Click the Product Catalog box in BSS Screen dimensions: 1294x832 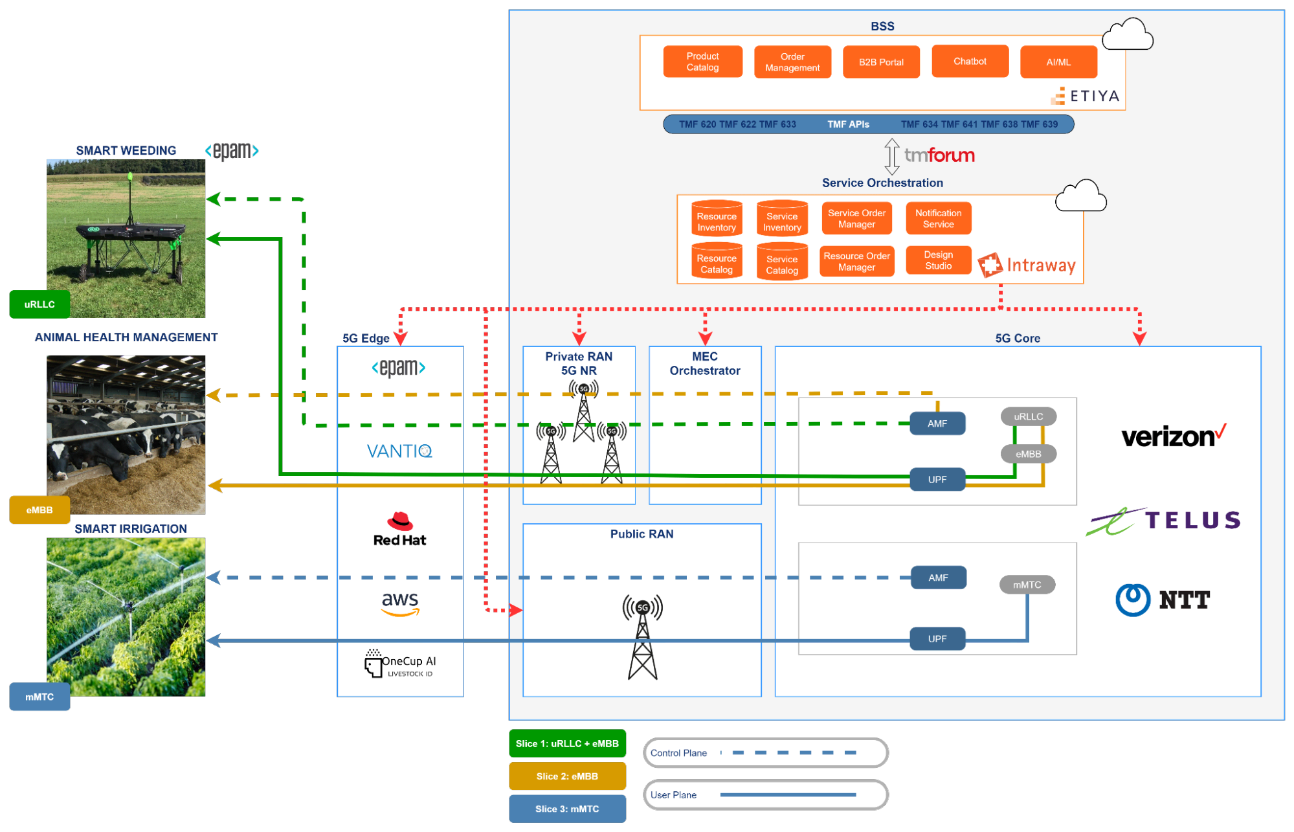(702, 62)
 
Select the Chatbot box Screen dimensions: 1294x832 (970, 62)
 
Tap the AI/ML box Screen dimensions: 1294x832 (1058, 62)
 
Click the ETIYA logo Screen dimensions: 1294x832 (1085, 96)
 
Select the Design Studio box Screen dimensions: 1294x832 (938, 260)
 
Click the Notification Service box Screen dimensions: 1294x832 (938, 219)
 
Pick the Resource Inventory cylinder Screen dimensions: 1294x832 (717, 219)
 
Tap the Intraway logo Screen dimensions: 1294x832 (1027, 265)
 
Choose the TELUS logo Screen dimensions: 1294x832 (1163, 521)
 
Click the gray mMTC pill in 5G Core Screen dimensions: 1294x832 (1027, 585)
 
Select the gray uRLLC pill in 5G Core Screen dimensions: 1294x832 (1028, 416)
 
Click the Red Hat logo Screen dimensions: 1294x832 (399, 530)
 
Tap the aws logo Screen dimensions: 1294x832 (400, 603)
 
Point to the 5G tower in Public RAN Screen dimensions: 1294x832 (642, 637)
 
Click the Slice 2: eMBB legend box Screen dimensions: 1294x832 (567, 776)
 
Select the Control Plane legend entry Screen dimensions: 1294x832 (766, 753)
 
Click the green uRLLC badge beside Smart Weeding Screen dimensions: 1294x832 (39, 304)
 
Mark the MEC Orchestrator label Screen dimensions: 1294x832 (705, 364)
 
